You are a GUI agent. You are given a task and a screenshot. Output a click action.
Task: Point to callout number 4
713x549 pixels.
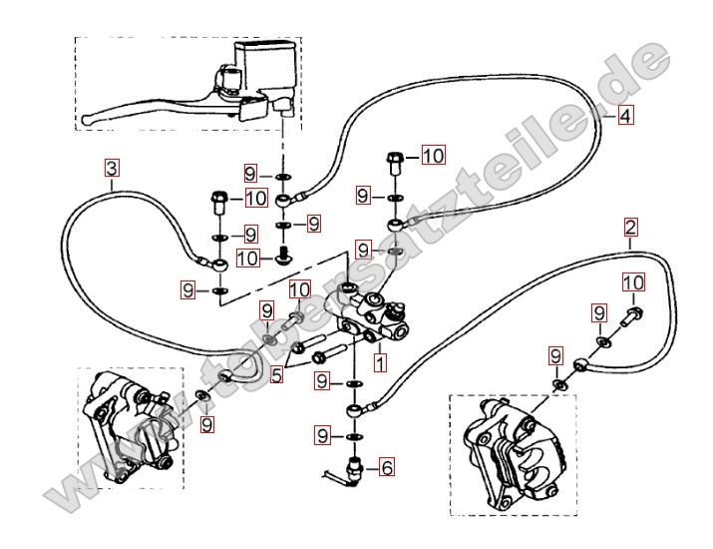(624, 116)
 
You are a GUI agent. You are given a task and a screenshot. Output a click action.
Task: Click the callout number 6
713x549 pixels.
(387, 464)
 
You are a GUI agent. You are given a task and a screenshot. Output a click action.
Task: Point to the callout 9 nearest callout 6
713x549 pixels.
(322, 434)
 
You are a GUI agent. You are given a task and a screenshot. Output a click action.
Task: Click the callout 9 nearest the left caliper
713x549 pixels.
(206, 424)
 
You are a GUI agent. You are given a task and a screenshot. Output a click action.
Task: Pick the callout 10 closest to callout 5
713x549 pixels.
(300, 289)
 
